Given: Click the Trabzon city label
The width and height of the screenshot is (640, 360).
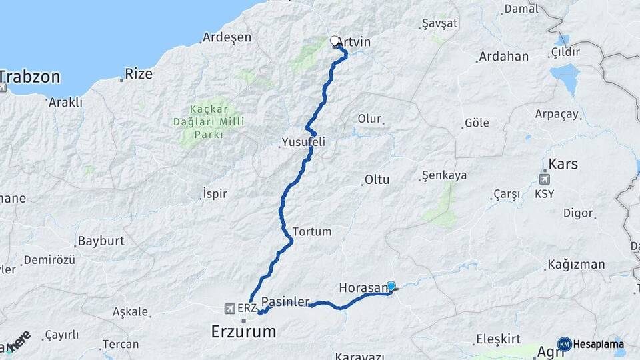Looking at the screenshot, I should click(30, 76).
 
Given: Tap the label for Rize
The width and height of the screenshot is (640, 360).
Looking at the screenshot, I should click(139, 73).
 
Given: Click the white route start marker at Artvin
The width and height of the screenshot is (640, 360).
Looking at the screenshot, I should click(335, 41).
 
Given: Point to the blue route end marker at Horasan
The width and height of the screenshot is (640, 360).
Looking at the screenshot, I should click(391, 286).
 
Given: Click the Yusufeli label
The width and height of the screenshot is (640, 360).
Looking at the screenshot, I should click(303, 142).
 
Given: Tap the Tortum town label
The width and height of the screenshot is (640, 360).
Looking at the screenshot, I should click(311, 231).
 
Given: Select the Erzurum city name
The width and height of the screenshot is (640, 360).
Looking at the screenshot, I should click(243, 331).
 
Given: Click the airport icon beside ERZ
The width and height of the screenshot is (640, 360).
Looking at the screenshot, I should click(230, 309).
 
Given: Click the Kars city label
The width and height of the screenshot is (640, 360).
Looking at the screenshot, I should click(563, 164).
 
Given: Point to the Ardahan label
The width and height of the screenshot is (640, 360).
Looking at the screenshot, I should click(503, 57).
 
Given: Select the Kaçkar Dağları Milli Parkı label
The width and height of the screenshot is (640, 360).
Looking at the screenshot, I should click(209, 121).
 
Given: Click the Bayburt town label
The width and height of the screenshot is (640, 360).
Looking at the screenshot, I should click(101, 241).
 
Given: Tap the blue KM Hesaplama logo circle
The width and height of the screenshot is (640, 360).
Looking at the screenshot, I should click(565, 344).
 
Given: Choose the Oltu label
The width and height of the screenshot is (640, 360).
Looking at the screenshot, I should click(377, 179).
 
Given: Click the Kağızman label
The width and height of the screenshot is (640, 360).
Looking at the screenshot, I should click(576, 264).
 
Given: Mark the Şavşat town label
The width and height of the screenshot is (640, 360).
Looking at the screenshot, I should click(440, 23).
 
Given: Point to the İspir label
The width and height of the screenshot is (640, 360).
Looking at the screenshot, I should click(214, 194).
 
